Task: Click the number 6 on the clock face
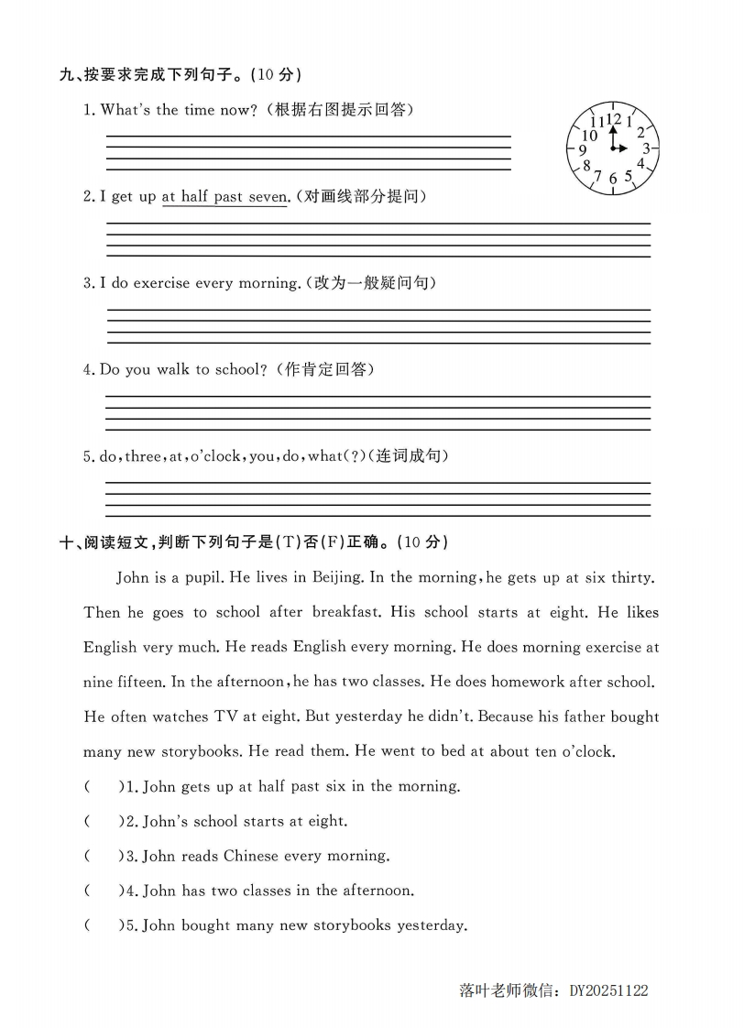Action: coord(613,180)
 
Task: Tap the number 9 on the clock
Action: coord(582,150)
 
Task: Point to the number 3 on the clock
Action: coord(645,148)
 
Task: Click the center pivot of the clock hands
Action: coord(613,148)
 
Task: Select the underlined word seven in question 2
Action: coord(267,197)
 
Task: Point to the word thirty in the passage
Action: coord(631,577)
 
